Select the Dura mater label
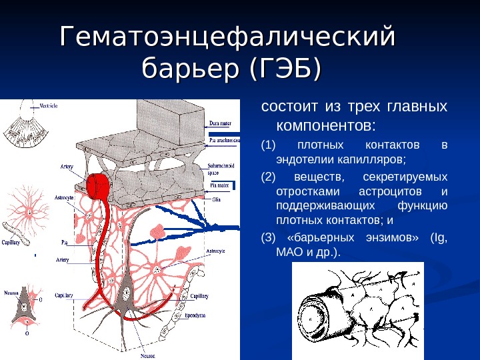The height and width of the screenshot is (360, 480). pos(220,123)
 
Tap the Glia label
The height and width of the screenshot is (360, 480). pos(216,199)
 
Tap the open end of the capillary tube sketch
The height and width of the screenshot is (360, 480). pos(313,320)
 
